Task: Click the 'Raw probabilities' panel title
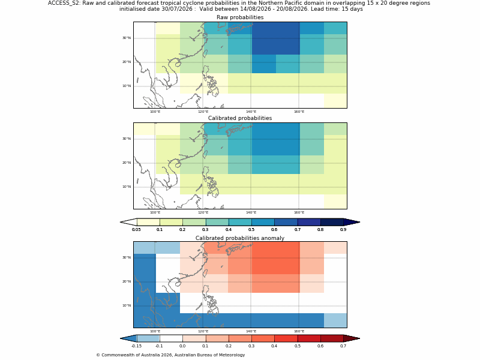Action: pos(240,17)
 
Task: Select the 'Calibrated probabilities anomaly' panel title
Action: pos(240,238)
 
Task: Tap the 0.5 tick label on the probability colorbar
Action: pos(251,230)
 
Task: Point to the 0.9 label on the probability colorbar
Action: pos(343,230)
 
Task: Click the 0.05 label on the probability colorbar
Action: pos(137,230)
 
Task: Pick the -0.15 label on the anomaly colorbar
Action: pos(136,346)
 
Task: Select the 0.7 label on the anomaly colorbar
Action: pos(343,346)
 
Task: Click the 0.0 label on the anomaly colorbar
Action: pos(182,346)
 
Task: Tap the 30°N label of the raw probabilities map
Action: pos(127,38)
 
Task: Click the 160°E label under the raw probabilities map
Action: pos(299,112)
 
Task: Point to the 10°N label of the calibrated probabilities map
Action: pos(127,187)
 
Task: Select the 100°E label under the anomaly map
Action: pos(155,331)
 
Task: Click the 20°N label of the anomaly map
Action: pos(127,281)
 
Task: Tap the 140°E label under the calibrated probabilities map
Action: pos(251,212)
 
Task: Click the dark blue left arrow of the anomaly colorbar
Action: pos(128,338)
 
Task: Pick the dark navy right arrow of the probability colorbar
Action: pos(352,222)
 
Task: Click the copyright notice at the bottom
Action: pos(170,355)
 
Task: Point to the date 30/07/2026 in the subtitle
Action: pos(177,9)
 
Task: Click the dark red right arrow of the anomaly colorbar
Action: pos(352,338)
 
